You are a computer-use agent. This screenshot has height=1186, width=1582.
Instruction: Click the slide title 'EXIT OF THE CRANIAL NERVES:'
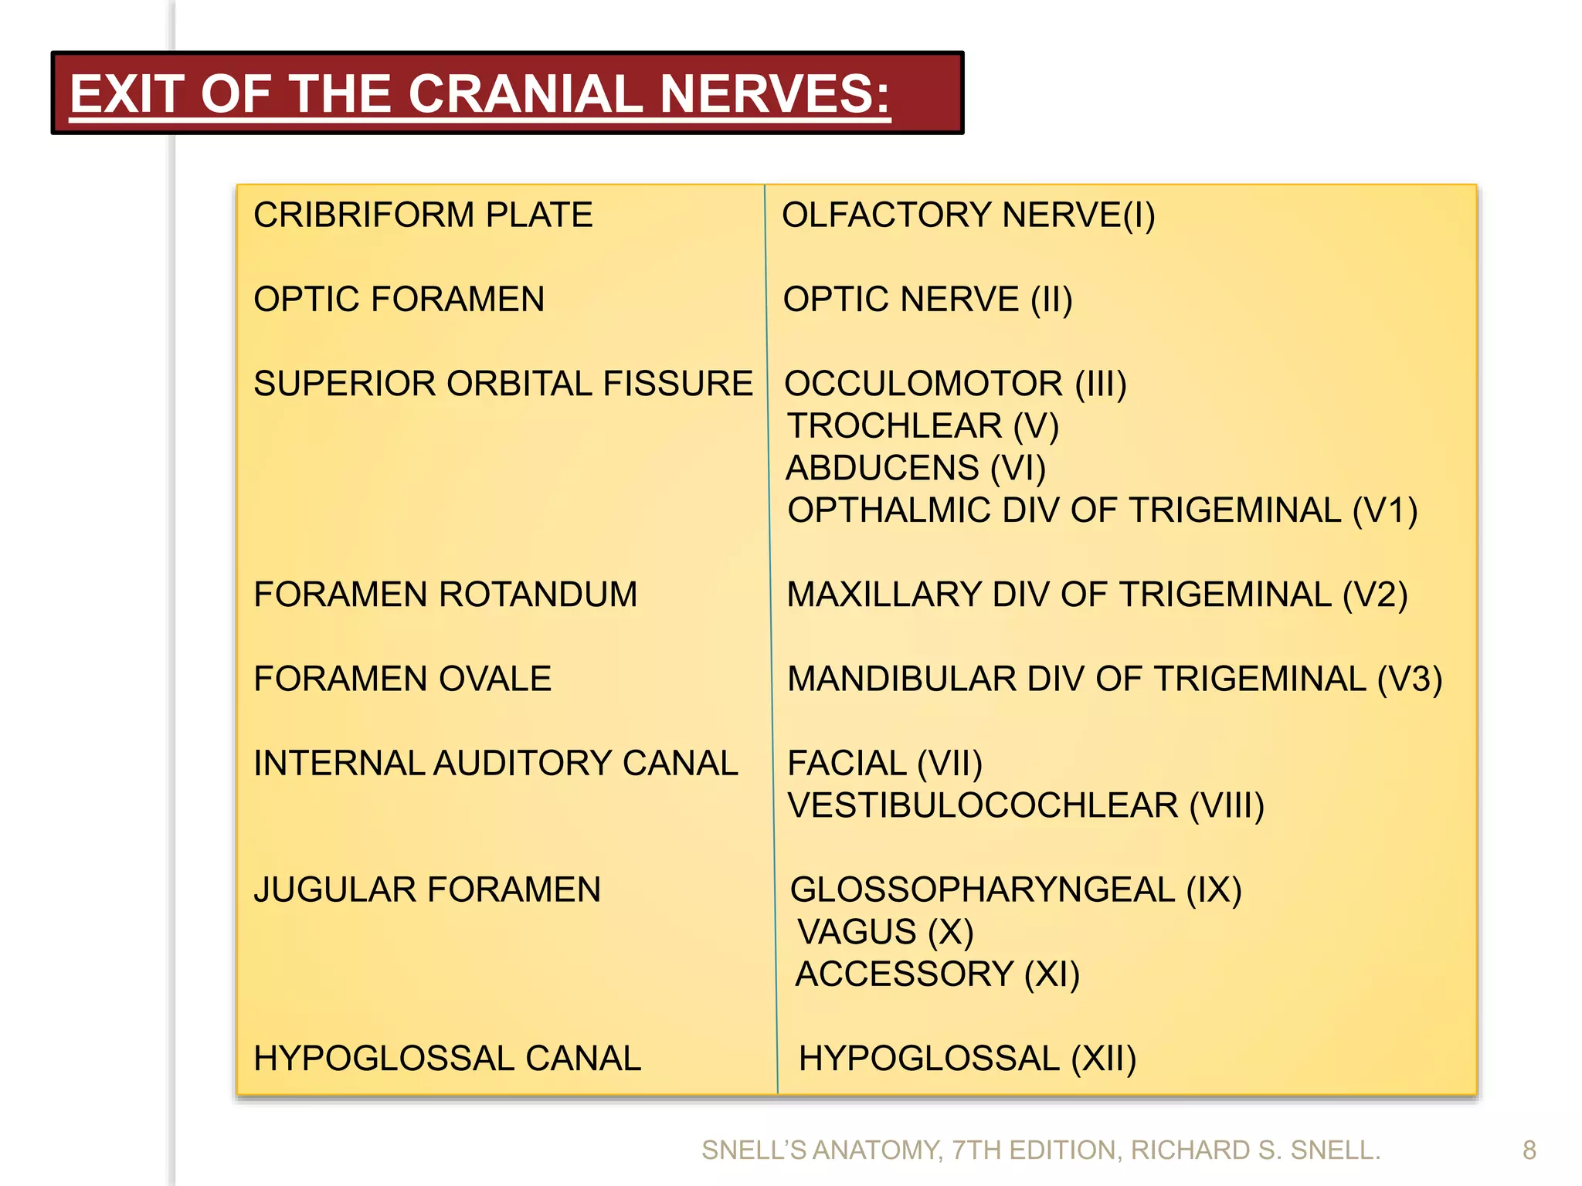click(480, 94)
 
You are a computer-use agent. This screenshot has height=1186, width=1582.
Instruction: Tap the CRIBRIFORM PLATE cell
click(423, 215)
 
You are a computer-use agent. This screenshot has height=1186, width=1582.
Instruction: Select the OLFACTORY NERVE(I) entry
click(968, 215)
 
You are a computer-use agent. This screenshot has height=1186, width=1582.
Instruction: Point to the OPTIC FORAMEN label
click(399, 300)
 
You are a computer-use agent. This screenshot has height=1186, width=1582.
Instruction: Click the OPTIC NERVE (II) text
click(927, 300)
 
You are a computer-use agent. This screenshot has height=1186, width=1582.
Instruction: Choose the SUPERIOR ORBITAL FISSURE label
click(503, 384)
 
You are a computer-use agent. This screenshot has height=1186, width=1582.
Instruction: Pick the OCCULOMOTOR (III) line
click(956, 384)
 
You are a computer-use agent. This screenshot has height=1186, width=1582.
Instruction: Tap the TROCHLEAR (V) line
click(923, 426)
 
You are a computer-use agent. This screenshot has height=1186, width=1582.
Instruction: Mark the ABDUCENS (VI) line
click(915, 468)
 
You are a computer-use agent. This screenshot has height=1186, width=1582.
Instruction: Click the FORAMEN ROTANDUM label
click(446, 595)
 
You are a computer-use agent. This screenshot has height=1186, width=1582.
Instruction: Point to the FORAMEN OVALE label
click(402, 679)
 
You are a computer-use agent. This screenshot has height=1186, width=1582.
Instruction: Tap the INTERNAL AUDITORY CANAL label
click(496, 764)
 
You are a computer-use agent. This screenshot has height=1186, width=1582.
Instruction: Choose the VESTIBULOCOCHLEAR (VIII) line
click(1025, 806)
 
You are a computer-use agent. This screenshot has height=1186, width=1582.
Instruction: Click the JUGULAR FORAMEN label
click(427, 890)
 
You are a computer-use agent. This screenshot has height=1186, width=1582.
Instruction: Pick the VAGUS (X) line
click(885, 932)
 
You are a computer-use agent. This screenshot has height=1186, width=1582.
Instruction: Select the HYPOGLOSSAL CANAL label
click(447, 1059)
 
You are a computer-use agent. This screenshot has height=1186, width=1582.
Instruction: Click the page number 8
click(1529, 1150)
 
